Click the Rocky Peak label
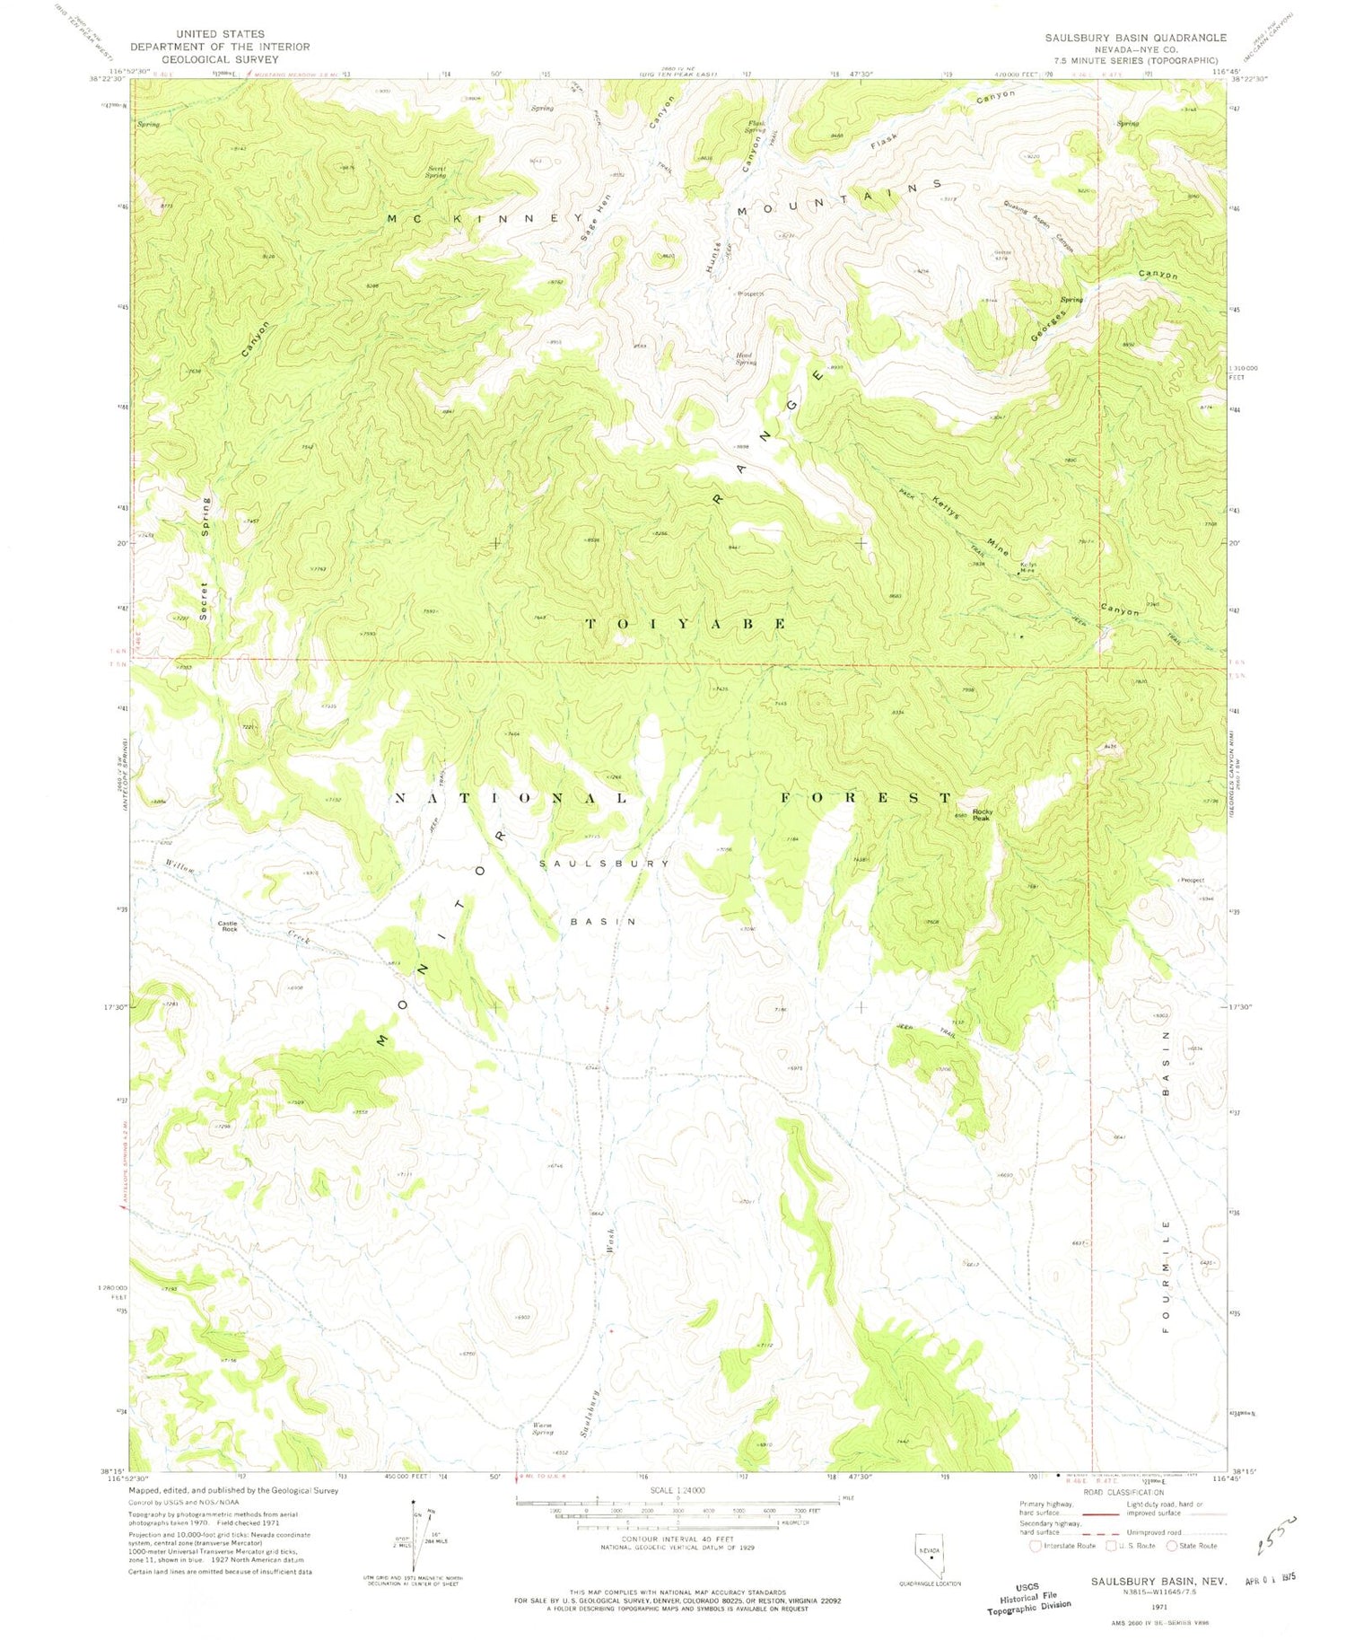(982, 814)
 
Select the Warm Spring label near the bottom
(542, 1428)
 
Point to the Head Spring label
(746, 359)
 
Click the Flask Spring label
(756, 127)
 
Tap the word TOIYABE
(687, 623)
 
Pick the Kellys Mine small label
(1028, 567)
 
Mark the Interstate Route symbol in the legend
(1036, 1546)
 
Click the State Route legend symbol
(1171, 1546)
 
